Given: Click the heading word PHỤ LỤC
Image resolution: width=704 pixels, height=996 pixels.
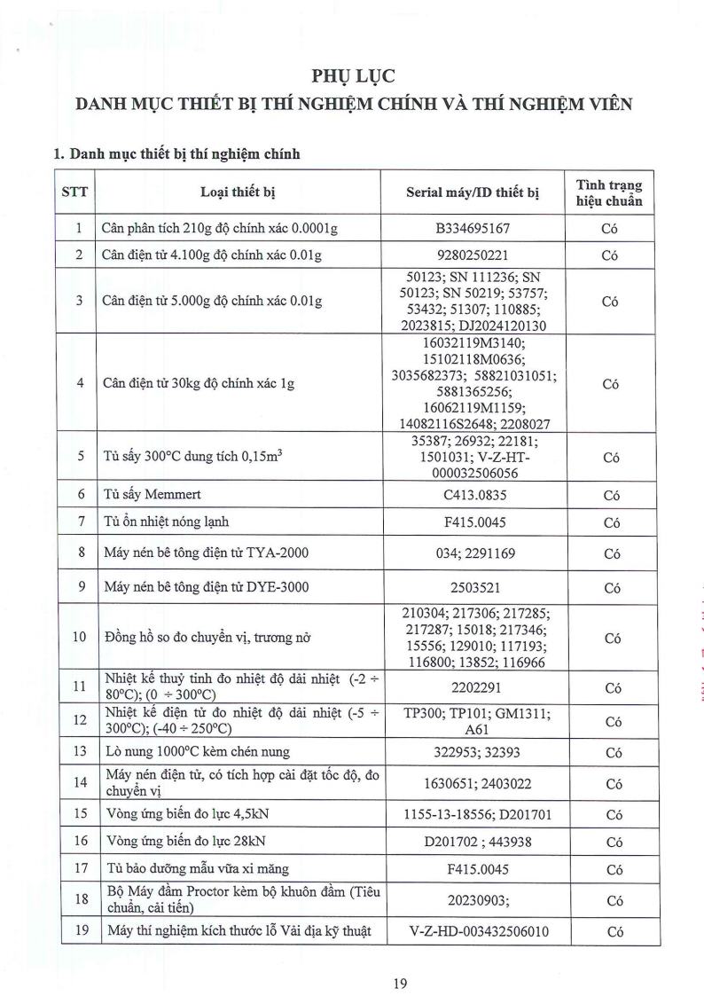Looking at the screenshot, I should [x=352, y=75].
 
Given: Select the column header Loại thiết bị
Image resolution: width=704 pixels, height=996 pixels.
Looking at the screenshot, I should [x=238, y=192].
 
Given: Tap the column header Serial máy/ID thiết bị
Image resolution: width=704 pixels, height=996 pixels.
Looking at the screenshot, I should [x=473, y=192].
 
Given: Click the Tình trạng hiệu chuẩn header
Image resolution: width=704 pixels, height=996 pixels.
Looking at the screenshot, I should [x=609, y=192].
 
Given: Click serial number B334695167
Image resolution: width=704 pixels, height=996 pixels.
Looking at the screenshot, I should [x=473, y=229].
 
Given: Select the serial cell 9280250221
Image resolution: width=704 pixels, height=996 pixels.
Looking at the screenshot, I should [x=473, y=255].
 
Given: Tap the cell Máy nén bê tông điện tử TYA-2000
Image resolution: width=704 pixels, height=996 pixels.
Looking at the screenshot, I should [x=199, y=553].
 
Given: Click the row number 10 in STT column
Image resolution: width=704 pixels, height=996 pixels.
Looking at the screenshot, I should [x=79, y=637].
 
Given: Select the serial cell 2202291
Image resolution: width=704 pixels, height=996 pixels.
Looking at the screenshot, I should [x=473, y=686].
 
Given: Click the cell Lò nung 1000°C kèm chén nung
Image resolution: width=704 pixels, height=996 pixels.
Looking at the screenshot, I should [x=196, y=752].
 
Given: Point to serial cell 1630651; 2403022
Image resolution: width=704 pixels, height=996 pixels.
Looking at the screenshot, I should [x=473, y=783].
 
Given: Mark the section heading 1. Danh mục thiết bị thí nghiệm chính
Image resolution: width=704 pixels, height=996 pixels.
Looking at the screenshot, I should [x=176, y=153].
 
